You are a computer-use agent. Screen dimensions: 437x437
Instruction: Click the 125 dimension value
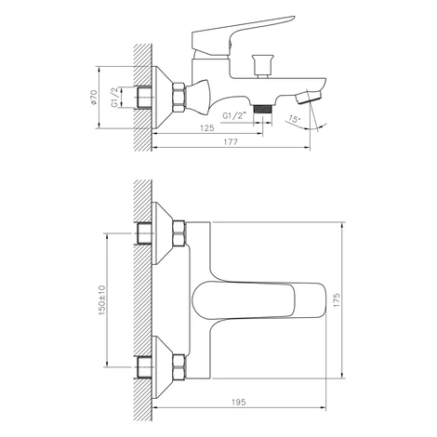click(x=207, y=127)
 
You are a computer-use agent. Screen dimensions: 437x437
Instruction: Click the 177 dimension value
click(x=231, y=142)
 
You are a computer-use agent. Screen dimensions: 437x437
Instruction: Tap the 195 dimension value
click(x=239, y=402)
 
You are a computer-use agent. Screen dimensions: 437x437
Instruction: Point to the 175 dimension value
click(x=337, y=299)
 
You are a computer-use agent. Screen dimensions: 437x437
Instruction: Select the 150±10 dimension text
click(x=102, y=300)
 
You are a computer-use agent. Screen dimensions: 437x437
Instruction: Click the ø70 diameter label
click(x=94, y=98)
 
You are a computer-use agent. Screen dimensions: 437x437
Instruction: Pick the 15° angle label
click(x=295, y=119)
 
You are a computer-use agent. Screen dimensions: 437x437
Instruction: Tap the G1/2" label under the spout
click(x=234, y=116)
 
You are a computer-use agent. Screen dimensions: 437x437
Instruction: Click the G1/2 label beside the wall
click(x=114, y=98)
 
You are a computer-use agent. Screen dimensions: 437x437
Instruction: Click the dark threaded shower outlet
click(x=262, y=109)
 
